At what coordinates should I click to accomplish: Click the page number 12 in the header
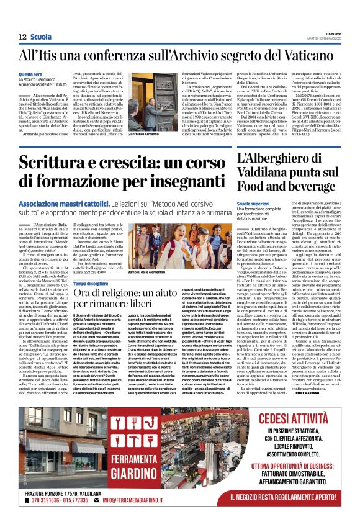pyautogui.click(x=21, y=37)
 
